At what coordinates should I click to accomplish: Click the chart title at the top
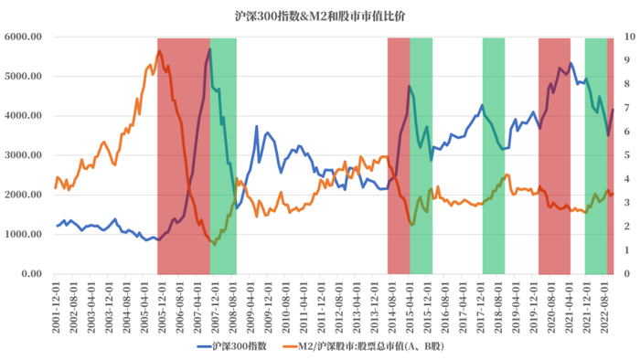319,16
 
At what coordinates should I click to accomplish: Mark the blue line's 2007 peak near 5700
209,49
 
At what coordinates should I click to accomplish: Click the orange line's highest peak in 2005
159,51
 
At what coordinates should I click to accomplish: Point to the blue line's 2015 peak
410,86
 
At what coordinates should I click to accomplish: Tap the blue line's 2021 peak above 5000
571,64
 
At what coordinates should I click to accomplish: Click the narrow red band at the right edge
611,155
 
